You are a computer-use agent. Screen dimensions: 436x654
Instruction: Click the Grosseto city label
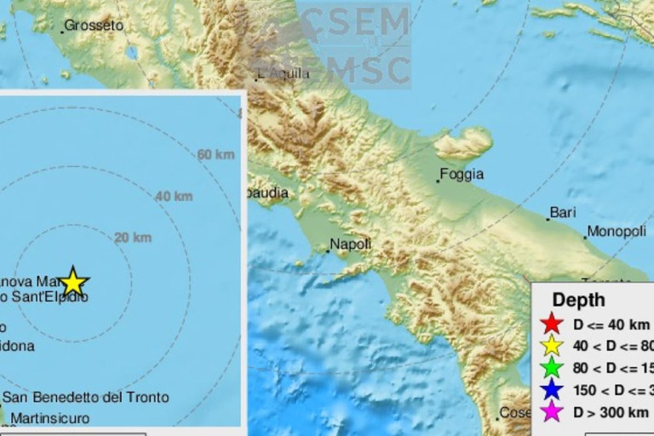94,26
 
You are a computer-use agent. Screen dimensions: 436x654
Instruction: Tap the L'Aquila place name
284,73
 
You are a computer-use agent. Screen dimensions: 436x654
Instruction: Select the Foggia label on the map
462,175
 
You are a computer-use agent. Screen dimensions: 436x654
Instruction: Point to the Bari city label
564,212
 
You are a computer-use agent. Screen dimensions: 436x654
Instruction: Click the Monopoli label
617,232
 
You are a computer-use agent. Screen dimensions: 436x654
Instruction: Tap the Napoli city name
351,244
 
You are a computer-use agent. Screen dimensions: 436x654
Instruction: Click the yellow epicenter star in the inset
74,281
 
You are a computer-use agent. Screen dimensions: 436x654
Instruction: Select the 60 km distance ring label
215,154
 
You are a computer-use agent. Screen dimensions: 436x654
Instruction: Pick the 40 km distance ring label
174,197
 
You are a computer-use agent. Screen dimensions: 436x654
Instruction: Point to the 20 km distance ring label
133,238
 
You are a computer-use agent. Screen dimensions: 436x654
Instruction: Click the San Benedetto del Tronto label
85,397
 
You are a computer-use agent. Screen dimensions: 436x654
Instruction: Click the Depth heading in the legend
578,300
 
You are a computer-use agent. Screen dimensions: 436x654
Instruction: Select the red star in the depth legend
552,324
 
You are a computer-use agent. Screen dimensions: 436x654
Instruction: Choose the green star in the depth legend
552,368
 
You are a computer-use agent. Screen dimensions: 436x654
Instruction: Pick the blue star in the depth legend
552,390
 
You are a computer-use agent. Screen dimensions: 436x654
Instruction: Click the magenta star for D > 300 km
552,413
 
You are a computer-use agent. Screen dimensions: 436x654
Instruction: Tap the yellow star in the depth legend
552,346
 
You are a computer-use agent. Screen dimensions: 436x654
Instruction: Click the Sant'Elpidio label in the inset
48,296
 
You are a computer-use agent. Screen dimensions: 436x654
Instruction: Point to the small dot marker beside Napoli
328,251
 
